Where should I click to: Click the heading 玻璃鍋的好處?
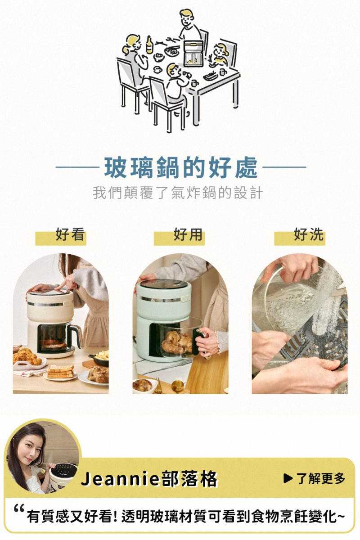pyautogui.click(x=181, y=167)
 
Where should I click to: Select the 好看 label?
pyautogui.click(x=70, y=234)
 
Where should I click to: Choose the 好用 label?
pyautogui.click(x=188, y=234)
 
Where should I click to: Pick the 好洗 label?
pyautogui.click(x=308, y=234)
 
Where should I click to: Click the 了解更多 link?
pyautogui.click(x=321, y=479)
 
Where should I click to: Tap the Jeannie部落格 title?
pyautogui.click(x=149, y=479)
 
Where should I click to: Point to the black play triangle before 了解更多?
pyautogui.click(x=288, y=479)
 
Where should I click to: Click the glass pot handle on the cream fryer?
pyautogui.click(x=76, y=337)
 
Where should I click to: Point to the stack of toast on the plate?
pyautogui.click(x=60, y=372)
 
